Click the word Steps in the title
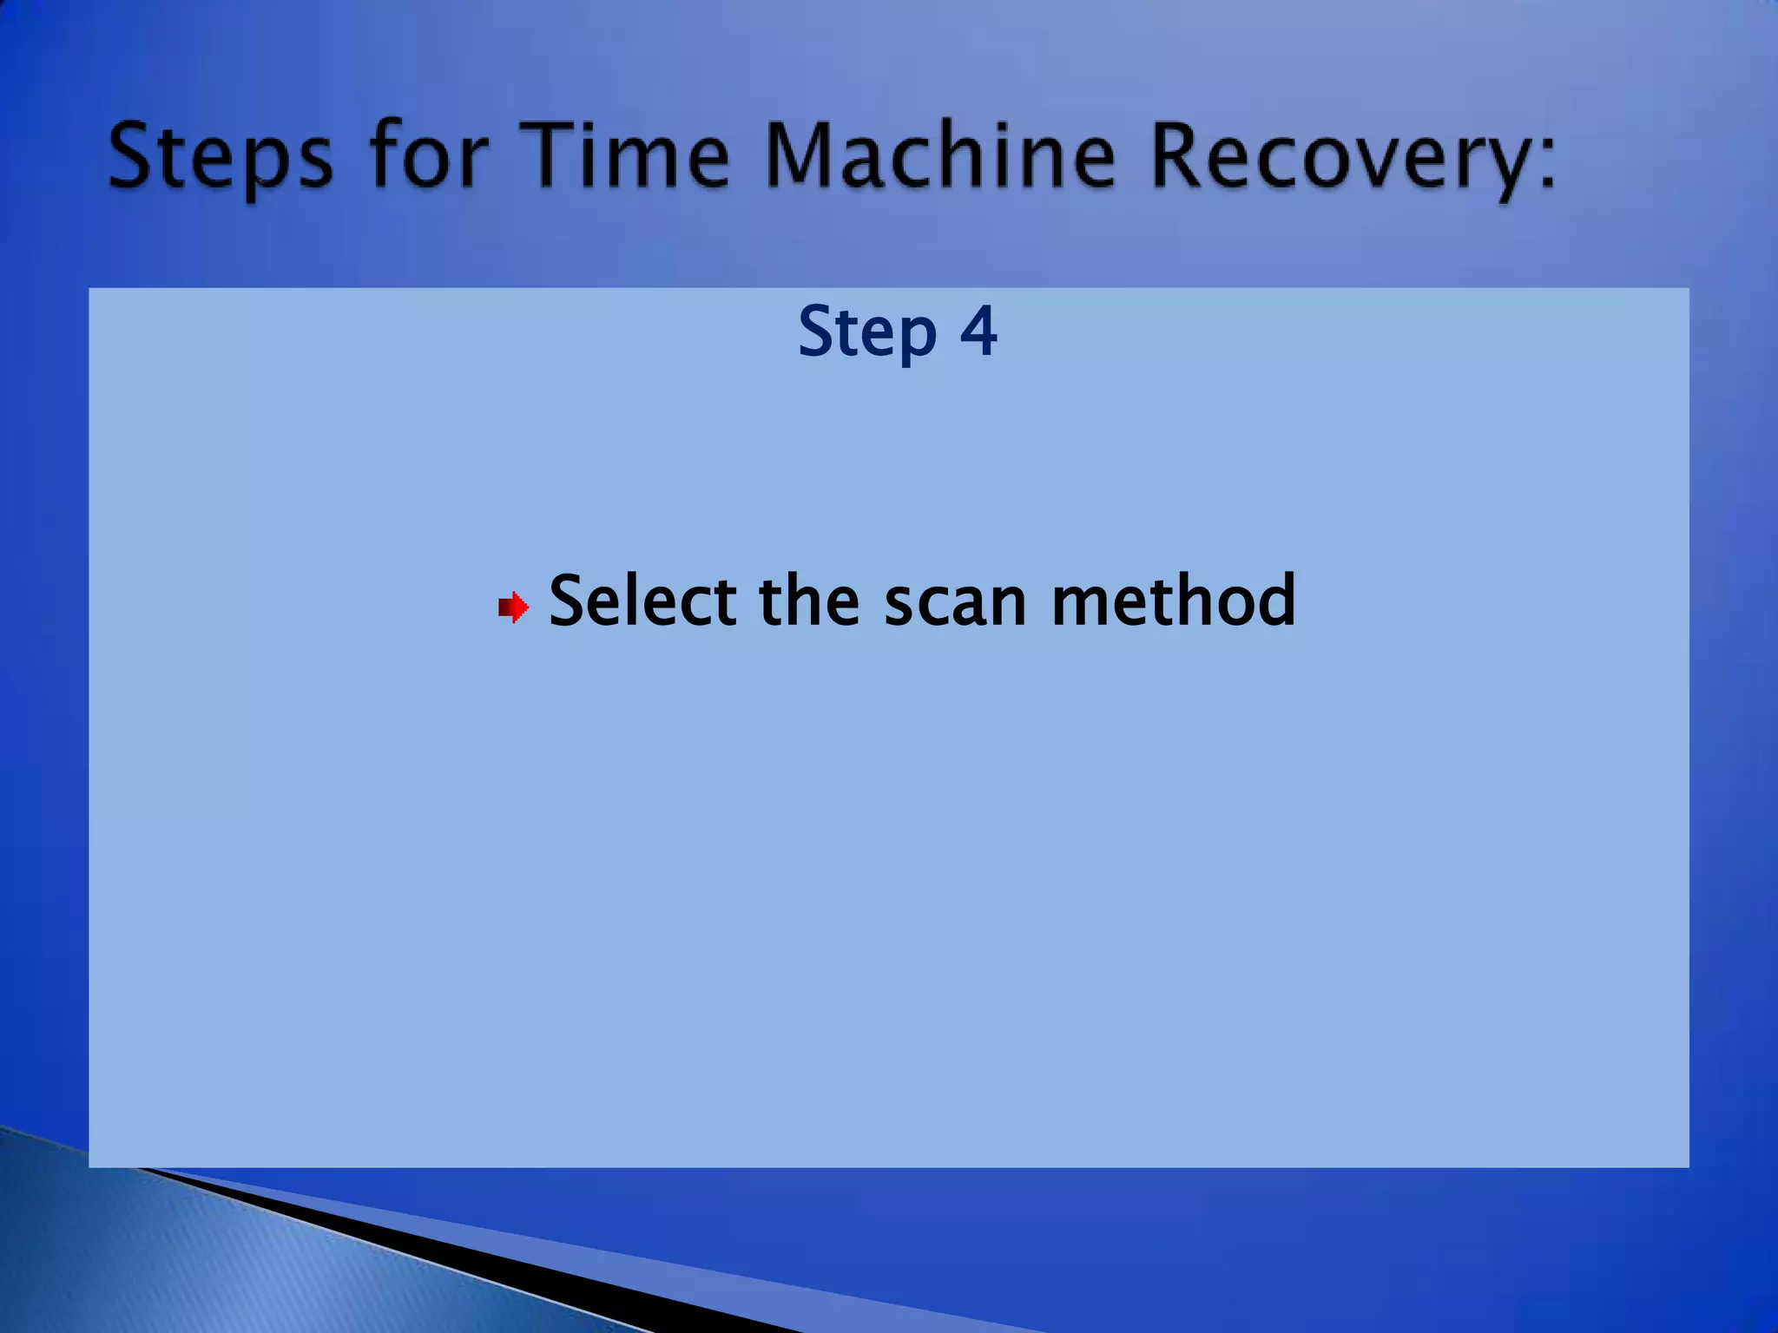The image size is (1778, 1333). [221, 156]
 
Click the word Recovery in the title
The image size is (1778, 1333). [1337, 156]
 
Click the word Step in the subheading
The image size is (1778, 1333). [867, 332]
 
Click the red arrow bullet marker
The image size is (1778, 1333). [514, 607]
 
